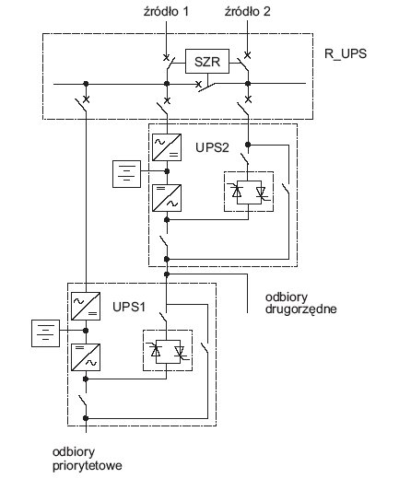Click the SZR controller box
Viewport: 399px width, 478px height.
(x=207, y=61)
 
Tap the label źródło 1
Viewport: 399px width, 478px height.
(x=166, y=12)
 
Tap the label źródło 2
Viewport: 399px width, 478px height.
(x=248, y=12)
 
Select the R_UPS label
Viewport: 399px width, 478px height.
(x=346, y=53)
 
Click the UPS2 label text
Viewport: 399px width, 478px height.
(x=212, y=147)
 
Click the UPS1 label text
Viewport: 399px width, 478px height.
(x=129, y=307)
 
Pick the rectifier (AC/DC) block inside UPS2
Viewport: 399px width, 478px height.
(x=167, y=147)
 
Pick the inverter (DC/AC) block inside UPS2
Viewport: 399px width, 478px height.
(x=167, y=198)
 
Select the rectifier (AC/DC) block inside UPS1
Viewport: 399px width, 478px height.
(x=86, y=306)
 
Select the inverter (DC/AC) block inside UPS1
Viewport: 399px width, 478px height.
(x=86, y=357)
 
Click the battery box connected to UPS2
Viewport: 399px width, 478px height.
(x=126, y=174)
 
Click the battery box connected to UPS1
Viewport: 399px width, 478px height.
(x=46, y=333)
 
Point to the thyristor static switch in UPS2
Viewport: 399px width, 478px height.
(x=249, y=192)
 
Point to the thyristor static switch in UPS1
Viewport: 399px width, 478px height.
(x=168, y=351)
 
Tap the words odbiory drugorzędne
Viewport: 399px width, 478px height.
(x=300, y=303)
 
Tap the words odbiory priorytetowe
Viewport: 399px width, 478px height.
(x=88, y=459)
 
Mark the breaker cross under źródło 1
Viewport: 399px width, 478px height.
(x=166, y=58)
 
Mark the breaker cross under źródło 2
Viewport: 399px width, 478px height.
(x=247, y=55)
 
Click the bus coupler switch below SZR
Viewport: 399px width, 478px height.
(x=206, y=87)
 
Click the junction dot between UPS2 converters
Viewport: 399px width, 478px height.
(x=167, y=171)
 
